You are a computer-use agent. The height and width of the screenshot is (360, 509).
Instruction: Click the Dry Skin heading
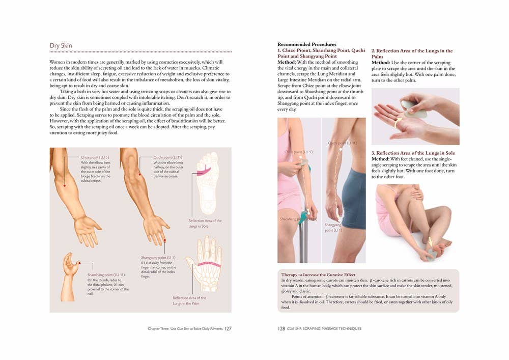(61, 46)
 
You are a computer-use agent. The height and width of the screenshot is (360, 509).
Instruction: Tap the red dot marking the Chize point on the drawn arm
(64, 186)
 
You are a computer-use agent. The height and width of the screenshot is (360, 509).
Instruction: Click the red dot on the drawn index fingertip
(164, 239)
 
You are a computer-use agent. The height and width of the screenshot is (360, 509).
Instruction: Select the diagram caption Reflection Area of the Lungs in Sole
(205, 223)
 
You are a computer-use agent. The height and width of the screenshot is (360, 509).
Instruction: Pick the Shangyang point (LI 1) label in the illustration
(158, 258)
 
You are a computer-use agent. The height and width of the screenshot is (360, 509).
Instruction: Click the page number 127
(228, 328)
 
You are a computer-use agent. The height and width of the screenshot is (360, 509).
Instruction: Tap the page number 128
(281, 328)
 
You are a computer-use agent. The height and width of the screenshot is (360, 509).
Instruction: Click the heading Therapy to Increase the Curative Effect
(318, 275)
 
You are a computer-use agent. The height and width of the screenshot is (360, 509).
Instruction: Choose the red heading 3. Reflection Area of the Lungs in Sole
(413, 153)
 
